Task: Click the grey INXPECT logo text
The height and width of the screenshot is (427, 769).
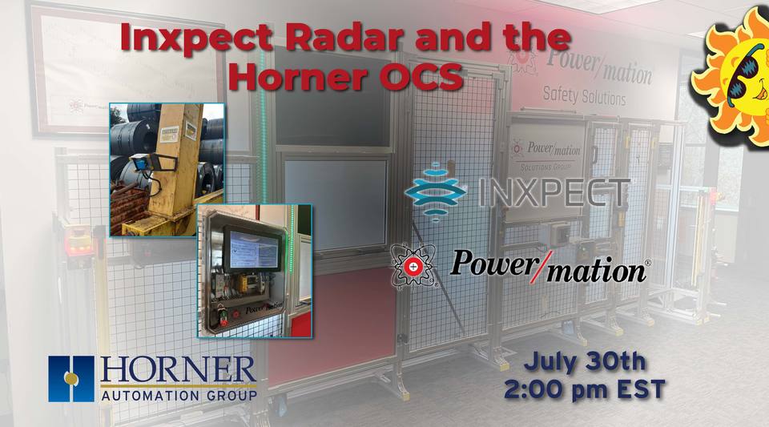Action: pyautogui.click(x=554, y=193)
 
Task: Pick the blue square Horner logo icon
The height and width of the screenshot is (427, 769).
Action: pyautogui.click(x=71, y=378)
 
